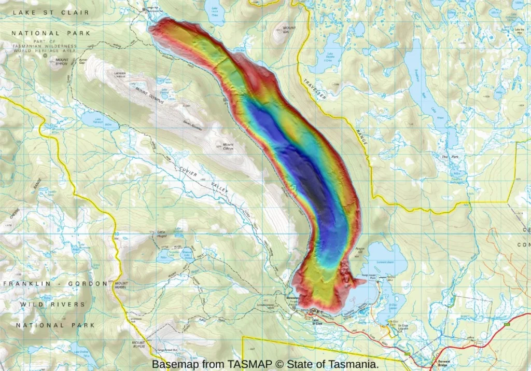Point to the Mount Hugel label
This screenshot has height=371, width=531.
(x=122, y=285)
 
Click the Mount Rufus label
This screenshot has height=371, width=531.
(x=138, y=345)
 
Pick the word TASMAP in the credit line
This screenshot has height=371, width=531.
(x=245, y=364)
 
